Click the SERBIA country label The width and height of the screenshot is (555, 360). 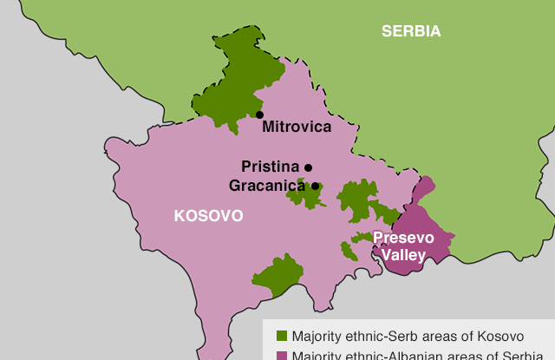pos(411,31)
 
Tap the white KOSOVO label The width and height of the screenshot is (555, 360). pos(208,215)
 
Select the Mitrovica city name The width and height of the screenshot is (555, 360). pos(297,127)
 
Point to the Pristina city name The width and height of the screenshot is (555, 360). pos(270,167)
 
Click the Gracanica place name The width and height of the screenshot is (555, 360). pos(267,186)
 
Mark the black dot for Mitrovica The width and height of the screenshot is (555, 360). pos(259,115)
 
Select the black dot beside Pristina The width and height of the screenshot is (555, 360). pos(308,167)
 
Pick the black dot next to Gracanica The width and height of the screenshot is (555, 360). pos(316,186)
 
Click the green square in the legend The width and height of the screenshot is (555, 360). pos(281,336)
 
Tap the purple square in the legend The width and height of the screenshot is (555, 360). pos(281,355)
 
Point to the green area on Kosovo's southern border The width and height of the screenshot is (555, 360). pos(277,276)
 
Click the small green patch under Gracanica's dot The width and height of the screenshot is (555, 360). pos(305,196)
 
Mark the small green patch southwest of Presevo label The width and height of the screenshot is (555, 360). pos(349,251)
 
